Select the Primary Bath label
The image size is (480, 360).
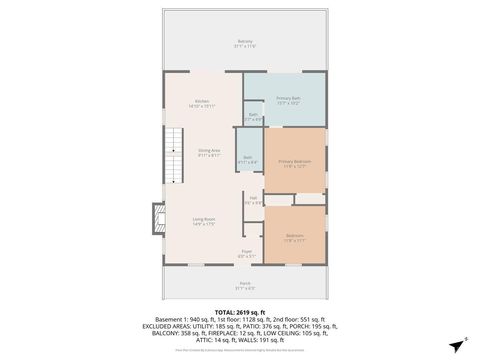[289, 99]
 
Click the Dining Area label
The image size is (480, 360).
[208, 153]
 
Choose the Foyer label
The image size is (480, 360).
[246, 253]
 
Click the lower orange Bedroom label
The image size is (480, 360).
[294, 236]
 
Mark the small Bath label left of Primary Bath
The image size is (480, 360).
[254, 116]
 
